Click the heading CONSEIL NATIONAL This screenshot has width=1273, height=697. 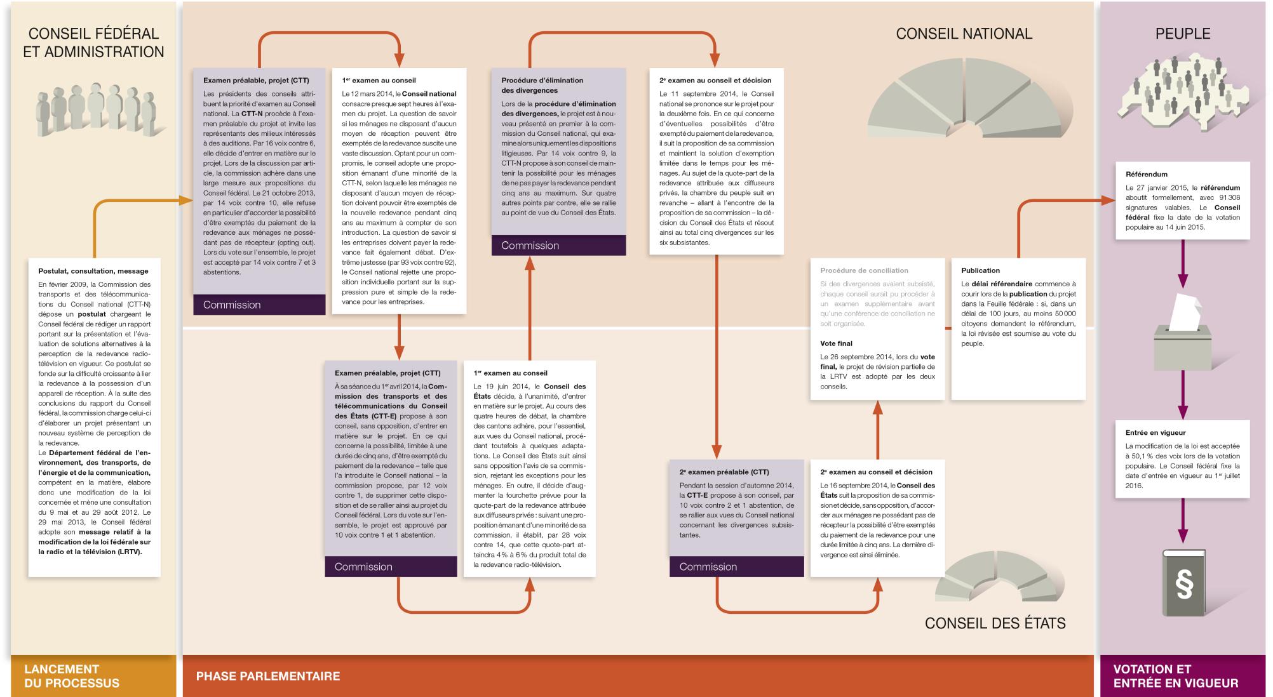tap(964, 34)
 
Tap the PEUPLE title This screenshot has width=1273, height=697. tap(1183, 34)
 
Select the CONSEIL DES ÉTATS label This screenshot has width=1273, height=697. tap(995, 623)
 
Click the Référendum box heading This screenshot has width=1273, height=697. tap(1147, 174)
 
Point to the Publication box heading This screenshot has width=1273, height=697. tap(980, 270)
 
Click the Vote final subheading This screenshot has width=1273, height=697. tap(836, 343)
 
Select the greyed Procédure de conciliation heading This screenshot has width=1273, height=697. tap(864, 270)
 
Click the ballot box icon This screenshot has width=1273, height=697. tap(1182, 332)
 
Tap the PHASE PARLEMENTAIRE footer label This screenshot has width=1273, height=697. tap(268, 676)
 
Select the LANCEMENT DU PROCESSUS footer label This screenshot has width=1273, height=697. tap(71, 676)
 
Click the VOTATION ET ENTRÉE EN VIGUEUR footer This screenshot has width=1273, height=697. tap(1176, 676)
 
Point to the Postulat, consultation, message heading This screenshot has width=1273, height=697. tap(93, 271)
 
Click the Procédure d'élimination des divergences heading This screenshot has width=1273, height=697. tap(542, 86)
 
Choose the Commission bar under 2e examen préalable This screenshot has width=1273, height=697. tap(737, 567)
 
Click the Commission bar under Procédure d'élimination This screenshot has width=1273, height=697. tap(559, 246)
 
